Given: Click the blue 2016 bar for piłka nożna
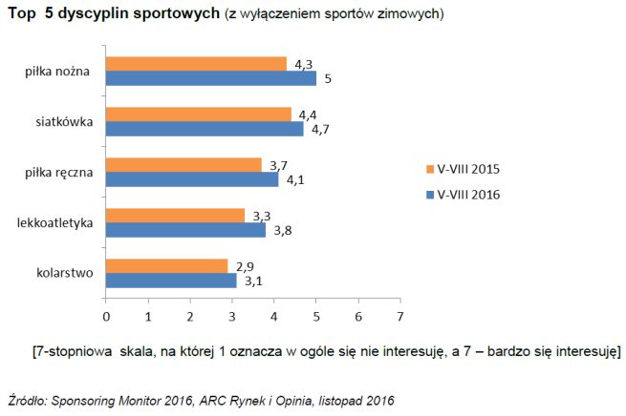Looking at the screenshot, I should point(210,78).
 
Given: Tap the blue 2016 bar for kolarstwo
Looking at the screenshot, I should point(170,281).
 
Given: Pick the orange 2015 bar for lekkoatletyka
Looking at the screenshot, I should point(175,216).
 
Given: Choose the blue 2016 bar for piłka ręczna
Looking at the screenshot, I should point(191,179).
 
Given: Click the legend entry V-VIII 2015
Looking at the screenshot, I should point(468,169).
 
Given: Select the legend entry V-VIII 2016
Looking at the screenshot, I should point(468,194).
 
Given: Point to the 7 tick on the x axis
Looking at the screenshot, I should point(400,314).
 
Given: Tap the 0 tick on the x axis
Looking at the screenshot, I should point(105,314).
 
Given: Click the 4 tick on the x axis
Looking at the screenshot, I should point(274,314).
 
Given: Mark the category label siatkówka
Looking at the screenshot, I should point(64,122).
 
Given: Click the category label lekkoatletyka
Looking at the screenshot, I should point(54,223).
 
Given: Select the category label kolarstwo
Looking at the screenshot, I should point(63,274).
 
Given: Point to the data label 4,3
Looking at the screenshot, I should point(305,64).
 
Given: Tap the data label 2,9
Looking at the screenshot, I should point(246,266).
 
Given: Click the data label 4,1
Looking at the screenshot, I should point(296,179).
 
